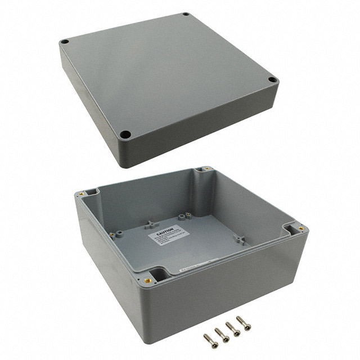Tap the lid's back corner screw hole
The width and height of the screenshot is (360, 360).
186,15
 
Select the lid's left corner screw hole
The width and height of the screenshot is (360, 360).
65,42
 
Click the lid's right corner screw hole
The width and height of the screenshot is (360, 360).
272,80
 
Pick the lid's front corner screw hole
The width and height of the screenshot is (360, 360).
126,134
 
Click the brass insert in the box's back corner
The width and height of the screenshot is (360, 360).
205,168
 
